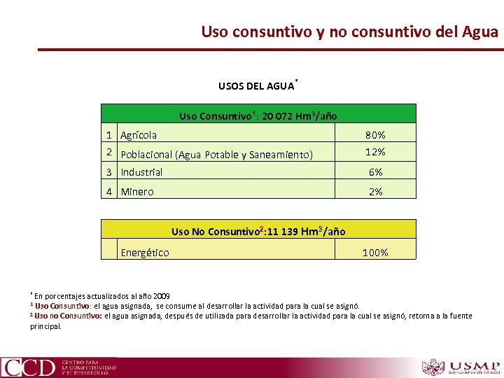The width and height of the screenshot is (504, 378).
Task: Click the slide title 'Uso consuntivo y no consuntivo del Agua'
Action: [x=349, y=31]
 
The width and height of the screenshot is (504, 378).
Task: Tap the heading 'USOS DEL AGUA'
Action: [x=256, y=87]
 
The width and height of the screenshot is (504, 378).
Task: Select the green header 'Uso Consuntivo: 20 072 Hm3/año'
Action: [x=258, y=115]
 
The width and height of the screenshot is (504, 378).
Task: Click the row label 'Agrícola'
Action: [x=139, y=135]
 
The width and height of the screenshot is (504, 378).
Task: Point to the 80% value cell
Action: [x=375, y=135]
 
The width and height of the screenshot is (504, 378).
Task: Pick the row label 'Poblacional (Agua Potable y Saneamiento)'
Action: [x=216, y=155]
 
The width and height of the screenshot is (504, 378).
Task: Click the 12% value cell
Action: [x=375, y=152]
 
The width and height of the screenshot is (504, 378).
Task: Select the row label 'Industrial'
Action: [x=141, y=172]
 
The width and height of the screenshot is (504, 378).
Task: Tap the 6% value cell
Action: [x=375, y=172]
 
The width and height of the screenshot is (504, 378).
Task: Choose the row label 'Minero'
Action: [x=137, y=191]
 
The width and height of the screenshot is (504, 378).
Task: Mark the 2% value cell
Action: [x=375, y=191]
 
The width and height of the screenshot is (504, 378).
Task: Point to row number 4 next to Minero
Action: [x=110, y=191]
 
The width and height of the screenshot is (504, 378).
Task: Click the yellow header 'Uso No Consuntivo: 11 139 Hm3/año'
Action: [x=258, y=231]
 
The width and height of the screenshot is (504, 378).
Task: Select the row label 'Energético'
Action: [x=145, y=253]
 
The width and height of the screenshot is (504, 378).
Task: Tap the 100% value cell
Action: [x=375, y=253]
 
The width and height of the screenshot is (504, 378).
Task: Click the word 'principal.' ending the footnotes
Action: [x=45, y=325]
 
